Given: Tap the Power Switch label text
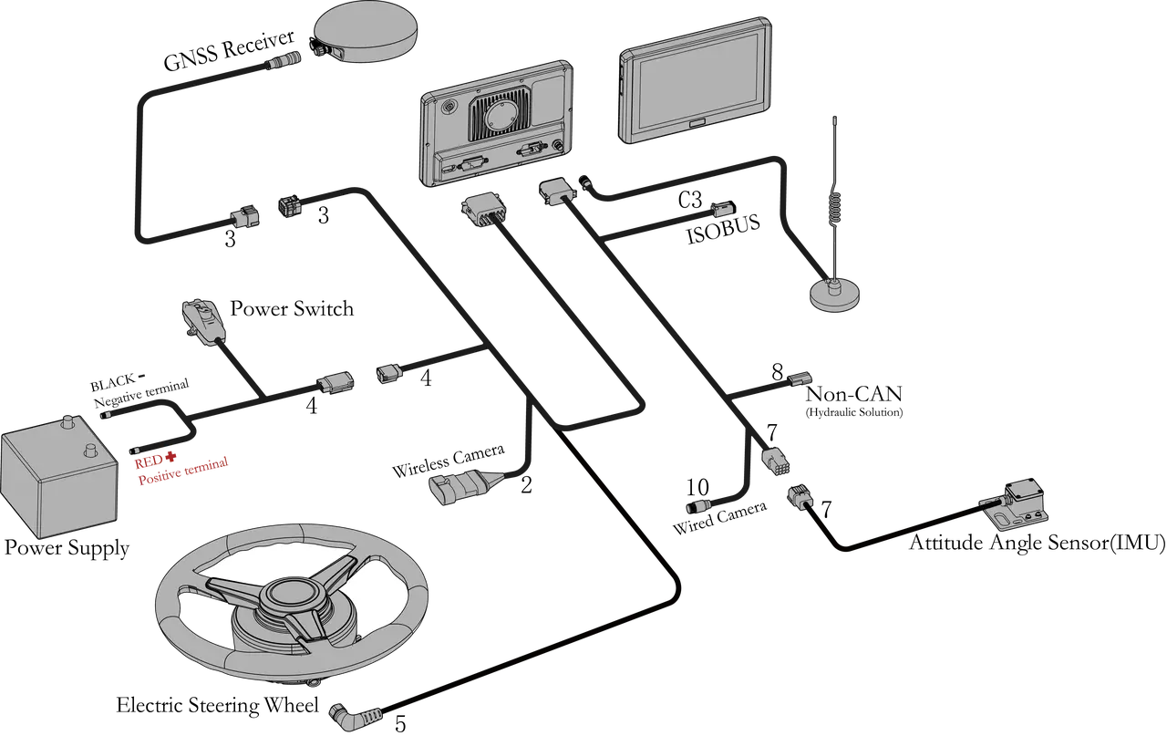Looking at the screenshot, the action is [292, 308].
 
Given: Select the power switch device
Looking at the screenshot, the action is [203, 321].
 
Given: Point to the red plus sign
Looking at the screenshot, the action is [170, 457].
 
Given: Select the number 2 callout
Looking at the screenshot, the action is [526, 485].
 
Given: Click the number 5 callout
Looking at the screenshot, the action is [399, 723].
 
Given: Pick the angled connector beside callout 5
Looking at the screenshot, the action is [355, 714].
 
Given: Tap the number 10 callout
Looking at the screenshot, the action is [697, 487].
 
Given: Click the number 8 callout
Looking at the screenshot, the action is [777, 372].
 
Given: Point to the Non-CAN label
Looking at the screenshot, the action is [853, 394].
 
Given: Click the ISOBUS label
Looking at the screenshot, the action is [723, 229].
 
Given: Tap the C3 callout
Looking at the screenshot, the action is [690, 200].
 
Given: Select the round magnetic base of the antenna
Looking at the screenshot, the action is [834, 295].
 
